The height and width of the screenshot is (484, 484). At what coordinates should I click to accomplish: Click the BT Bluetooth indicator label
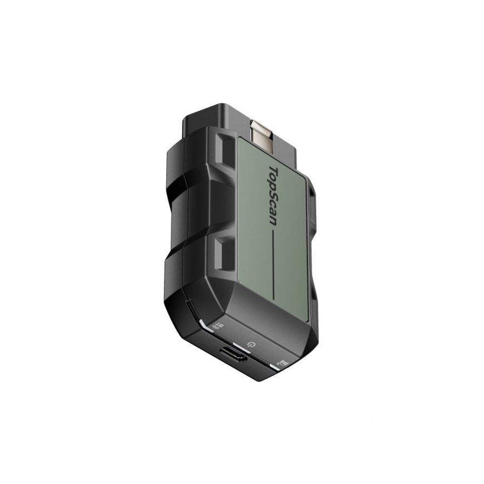[x=218, y=325]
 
